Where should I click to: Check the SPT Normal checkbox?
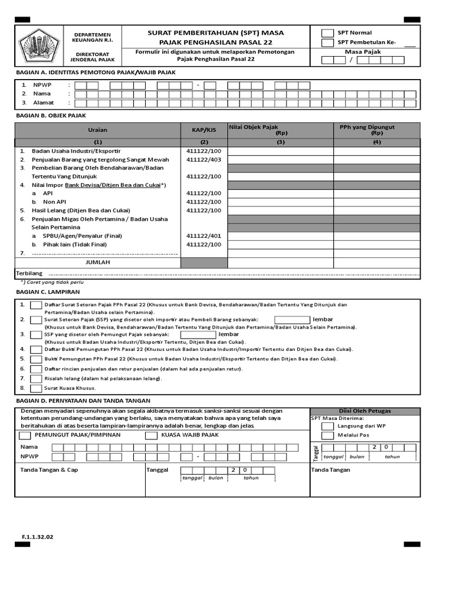pyautogui.click(x=327, y=33)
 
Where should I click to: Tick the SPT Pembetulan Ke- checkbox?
pyautogui.click(x=327, y=43)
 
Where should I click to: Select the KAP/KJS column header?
pyautogui.click(x=204, y=130)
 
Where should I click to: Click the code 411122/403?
pyautogui.click(x=204, y=159)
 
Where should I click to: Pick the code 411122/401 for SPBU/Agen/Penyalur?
pyautogui.click(x=204, y=236)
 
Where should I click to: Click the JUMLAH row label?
pyautogui.click(x=98, y=262)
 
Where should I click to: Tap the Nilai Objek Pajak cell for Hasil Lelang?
pyautogui.click(x=280, y=211)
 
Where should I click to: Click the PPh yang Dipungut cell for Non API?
pyautogui.click(x=376, y=202)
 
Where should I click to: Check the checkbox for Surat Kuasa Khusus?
pyautogui.click(x=36, y=388)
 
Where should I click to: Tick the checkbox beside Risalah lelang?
pyautogui.click(x=36, y=378)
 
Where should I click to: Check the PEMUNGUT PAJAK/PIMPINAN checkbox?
pyautogui.click(x=25, y=435)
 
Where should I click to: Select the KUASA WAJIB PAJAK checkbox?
pyautogui.click(x=151, y=435)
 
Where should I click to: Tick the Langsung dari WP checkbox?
pyautogui.click(x=327, y=425)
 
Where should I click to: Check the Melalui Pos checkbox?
pyautogui.click(x=327, y=435)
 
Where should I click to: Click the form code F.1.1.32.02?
pyautogui.click(x=38, y=537)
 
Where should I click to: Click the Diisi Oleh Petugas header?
pyautogui.click(x=365, y=411)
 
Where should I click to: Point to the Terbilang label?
pyautogui.click(x=29, y=274)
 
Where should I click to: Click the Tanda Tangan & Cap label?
pyautogui.click(x=49, y=470)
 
